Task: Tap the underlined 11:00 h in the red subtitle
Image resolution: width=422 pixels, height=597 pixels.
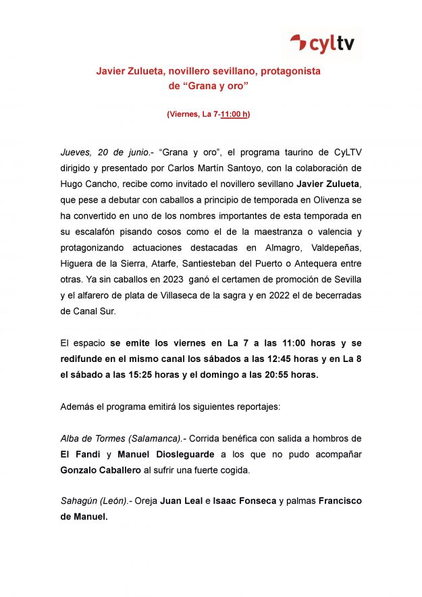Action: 234,114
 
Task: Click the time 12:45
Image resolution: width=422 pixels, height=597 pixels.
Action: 246,359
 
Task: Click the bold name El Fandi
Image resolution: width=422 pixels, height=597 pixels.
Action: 80,455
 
